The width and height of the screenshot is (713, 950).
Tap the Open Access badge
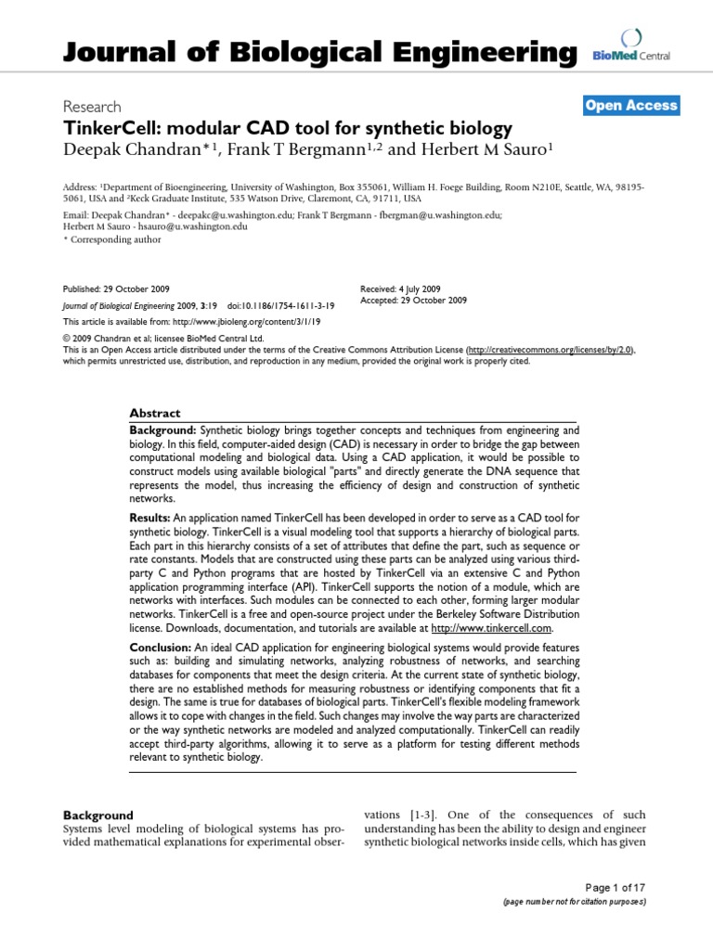[631, 106]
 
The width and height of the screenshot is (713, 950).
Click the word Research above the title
[91, 107]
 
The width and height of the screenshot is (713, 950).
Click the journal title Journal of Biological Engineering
[319, 53]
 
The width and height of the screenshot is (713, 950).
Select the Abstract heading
[155, 413]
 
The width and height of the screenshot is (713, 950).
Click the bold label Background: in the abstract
[163, 430]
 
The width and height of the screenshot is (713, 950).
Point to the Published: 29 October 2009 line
[116, 289]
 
